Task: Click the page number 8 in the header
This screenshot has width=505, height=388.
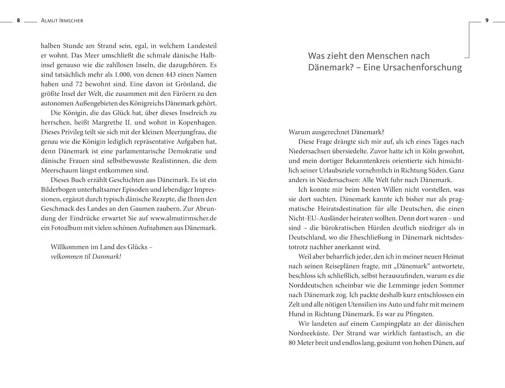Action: (18, 21)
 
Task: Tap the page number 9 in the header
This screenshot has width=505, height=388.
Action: (487, 21)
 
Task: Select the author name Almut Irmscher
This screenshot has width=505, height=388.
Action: (62, 21)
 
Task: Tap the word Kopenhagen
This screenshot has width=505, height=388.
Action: (197, 123)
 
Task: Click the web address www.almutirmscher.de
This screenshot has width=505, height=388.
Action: (183, 218)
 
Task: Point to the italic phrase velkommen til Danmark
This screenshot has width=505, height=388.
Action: (86, 256)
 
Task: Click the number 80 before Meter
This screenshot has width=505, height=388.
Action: (292, 343)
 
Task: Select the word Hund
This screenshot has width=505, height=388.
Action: (296, 314)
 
